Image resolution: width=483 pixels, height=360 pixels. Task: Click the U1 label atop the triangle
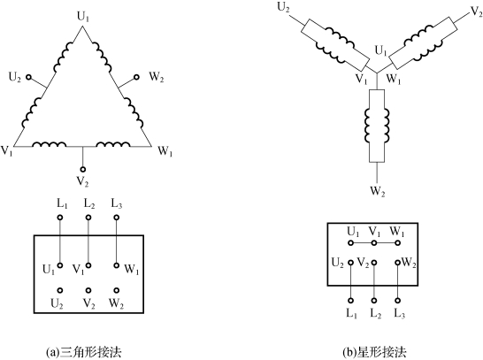click(83, 17)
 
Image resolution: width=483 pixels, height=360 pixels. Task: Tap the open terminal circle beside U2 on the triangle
click(28, 77)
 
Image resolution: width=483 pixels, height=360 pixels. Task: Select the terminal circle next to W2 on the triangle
click(136, 77)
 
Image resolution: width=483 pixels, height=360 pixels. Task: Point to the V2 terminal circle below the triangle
click(82, 169)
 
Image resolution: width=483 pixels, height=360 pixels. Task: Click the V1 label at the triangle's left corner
click(7, 151)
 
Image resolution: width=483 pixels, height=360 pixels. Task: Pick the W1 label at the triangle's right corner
click(165, 151)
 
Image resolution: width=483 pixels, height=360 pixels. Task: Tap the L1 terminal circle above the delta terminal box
click(60, 218)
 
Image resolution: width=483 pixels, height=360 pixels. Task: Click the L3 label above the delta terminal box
click(117, 203)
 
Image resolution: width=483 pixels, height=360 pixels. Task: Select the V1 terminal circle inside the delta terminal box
click(88, 265)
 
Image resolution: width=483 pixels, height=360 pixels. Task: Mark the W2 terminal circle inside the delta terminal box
click(117, 290)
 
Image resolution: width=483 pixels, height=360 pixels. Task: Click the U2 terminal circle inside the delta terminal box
click(60, 290)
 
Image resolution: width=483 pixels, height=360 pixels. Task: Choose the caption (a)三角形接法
click(83, 352)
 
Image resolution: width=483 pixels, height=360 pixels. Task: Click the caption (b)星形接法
click(374, 352)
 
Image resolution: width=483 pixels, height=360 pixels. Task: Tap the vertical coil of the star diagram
click(377, 126)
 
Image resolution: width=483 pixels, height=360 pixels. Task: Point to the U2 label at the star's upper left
click(283, 7)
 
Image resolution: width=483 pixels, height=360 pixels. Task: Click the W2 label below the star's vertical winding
click(378, 191)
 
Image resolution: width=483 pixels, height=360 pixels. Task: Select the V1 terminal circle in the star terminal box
click(374, 243)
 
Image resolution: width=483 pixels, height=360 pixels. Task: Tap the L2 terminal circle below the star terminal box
click(374, 301)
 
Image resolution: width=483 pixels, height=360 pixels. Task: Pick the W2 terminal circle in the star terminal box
click(398, 263)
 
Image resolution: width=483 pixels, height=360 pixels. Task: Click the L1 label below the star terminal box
click(351, 313)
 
